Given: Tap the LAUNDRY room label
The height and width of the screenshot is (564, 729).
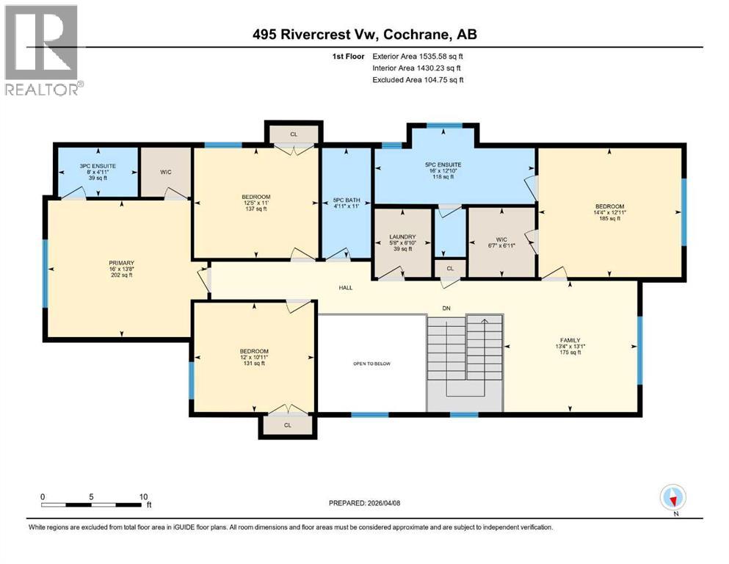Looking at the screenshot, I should (x=403, y=237).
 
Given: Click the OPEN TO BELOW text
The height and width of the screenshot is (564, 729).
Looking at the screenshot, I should (x=371, y=363).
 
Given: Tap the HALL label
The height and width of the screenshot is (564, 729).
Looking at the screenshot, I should (x=345, y=287).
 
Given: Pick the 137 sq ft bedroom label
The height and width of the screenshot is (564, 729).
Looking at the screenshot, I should (x=255, y=197).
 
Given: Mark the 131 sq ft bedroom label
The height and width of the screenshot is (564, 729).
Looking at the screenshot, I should (x=254, y=351).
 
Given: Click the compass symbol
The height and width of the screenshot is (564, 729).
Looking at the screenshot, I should (x=672, y=497).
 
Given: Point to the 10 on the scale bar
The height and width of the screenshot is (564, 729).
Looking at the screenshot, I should (x=144, y=496).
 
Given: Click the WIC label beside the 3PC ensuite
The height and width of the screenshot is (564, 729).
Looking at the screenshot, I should (x=165, y=173).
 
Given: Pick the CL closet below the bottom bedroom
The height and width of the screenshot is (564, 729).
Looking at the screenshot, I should (x=288, y=424).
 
